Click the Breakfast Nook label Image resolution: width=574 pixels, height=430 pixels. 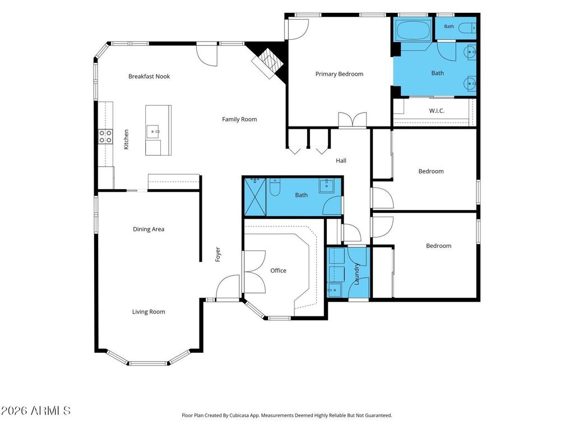tap(149, 76)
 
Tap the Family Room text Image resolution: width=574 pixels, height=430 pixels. tap(239, 119)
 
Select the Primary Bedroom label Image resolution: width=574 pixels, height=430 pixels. tap(339, 74)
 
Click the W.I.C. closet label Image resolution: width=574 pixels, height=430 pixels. tap(437, 111)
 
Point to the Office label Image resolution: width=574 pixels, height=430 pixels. tap(278, 270)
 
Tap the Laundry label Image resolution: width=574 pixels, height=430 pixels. tap(357, 274)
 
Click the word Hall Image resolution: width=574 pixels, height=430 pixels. tap(341, 161)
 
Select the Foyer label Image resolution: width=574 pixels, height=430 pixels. tap(218, 255)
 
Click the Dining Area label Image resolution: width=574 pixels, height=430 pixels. tap(149, 229)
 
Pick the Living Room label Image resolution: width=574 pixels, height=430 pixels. tap(149, 312)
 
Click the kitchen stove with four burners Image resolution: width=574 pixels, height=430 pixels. tap(105, 137)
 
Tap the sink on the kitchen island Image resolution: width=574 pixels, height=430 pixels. tap(153, 132)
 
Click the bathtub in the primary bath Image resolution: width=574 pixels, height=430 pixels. tap(413, 30)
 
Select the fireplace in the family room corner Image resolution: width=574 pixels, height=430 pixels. tap(269, 63)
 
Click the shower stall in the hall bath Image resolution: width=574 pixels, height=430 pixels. tap(255, 197)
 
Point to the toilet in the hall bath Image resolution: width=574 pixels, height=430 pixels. tap(275, 186)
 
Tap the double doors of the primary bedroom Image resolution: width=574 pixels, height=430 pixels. tap(352, 120)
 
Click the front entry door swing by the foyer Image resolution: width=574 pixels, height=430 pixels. tap(228, 288)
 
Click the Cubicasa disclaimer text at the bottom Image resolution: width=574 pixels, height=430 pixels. tap(287, 415)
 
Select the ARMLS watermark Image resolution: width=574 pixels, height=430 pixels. tap(35, 410)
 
